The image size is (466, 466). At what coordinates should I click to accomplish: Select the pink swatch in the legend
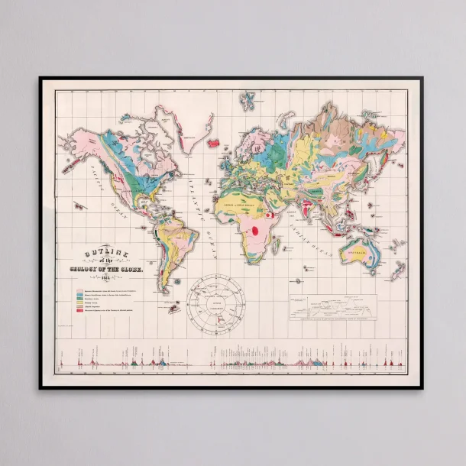click(x=79, y=291)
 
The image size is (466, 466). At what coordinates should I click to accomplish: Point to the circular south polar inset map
click(x=221, y=300)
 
